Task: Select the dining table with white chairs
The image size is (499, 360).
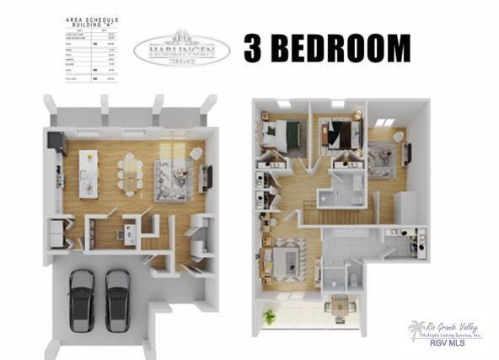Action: point(131,171)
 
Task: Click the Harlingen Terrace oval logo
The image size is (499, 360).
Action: point(183,47)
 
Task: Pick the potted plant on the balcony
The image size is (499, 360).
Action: point(269,316)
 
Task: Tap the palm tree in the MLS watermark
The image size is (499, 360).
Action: point(418,330)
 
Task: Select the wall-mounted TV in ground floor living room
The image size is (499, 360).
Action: point(209,177)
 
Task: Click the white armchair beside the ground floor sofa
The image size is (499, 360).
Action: point(196,154)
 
